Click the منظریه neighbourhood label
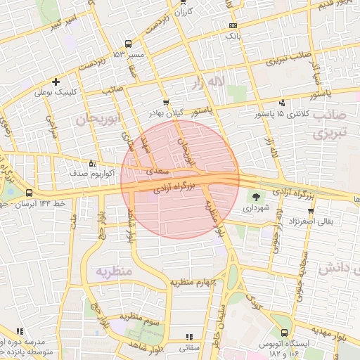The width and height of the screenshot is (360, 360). coord(115,271)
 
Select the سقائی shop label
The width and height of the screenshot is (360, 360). coord(190,347)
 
